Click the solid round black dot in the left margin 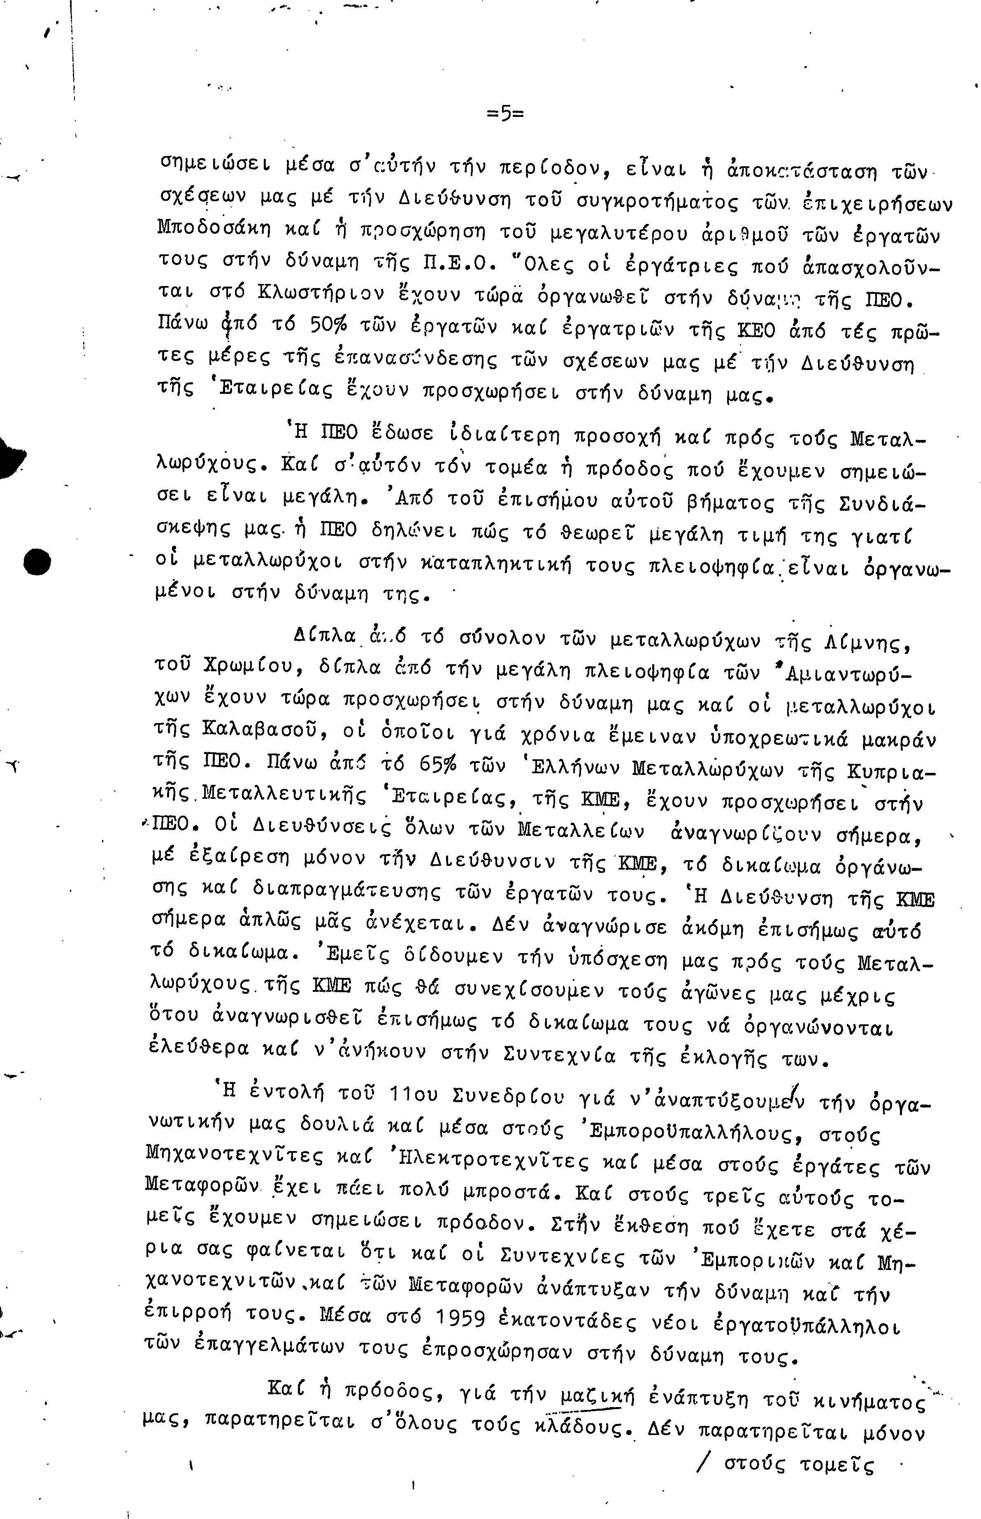pyautogui.click(x=36, y=561)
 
